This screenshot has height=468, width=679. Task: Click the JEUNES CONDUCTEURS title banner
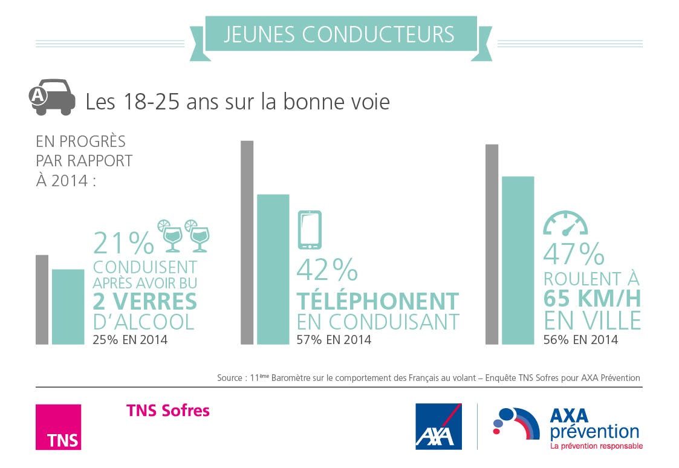click(x=340, y=34)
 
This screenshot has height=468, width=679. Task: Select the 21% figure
click(x=123, y=243)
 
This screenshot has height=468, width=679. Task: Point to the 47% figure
click(x=573, y=254)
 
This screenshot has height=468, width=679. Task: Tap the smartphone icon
click(x=310, y=230)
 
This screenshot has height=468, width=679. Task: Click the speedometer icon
click(x=565, y=224)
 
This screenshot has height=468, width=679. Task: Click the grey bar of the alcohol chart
click(x=42, y=299)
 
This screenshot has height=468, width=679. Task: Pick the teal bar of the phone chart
click(x=273, y=269)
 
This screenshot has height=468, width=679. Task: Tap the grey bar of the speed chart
click(x=492, y=244)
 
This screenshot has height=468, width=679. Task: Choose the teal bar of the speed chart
click(x=518, y=260)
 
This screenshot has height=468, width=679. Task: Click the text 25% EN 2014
click(x=130, y=340)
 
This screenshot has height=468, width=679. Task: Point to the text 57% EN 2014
click(x=334, y=340)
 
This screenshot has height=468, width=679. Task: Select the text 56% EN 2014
click(x=580, y=340)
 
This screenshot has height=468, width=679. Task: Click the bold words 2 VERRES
click(x=145, y=301)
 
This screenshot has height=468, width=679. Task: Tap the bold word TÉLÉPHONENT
click(x=378, y=301)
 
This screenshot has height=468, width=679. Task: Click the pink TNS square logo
click(x=58, y=427)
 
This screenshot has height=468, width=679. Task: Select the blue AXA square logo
click(x=438, y=426)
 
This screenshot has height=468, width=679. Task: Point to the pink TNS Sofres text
click(x=167, y=411)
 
